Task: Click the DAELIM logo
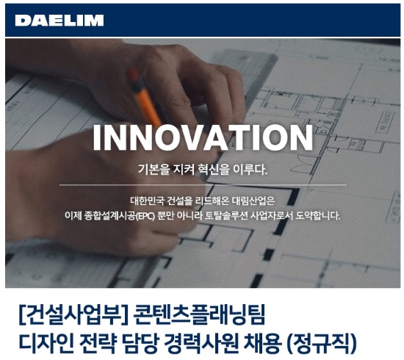[59, 20]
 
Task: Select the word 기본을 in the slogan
[154, 170]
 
